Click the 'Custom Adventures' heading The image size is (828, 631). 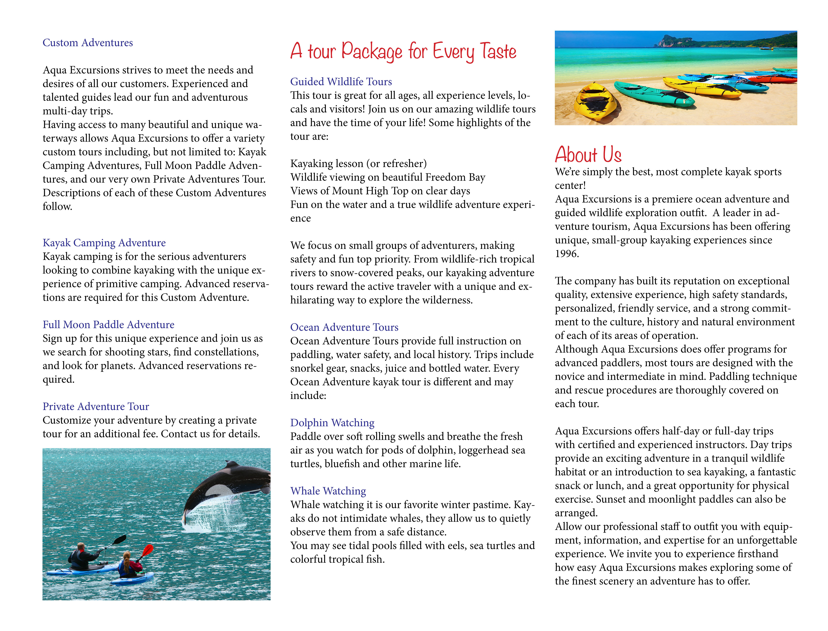88,43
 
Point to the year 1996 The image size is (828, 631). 567,254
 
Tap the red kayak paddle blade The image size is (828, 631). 148,550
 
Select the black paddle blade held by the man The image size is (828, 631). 119,540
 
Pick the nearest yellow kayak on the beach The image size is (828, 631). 597,101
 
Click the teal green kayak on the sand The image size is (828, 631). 654,94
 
